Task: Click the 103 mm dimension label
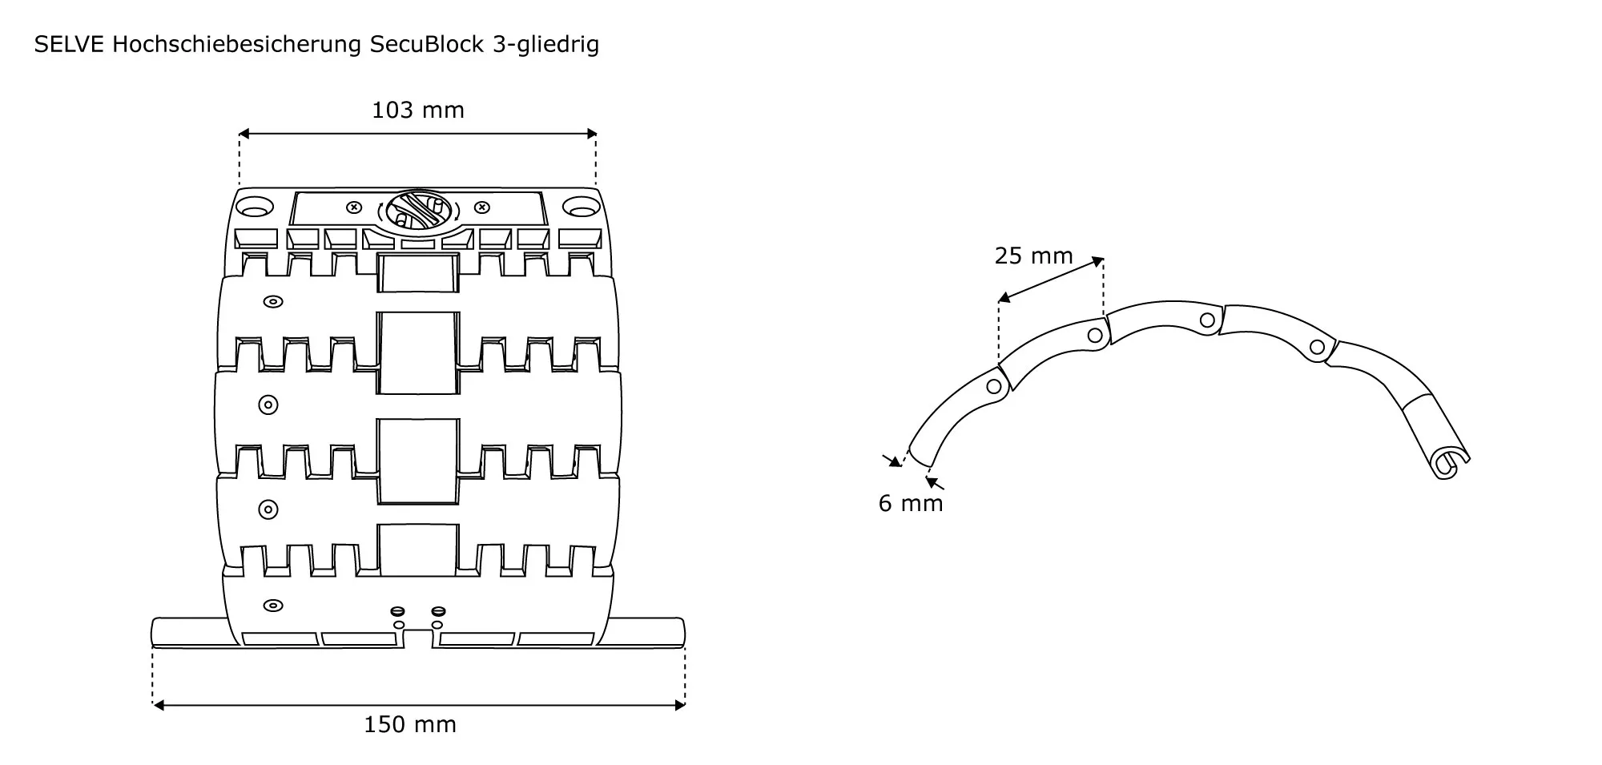click(x=417, y=110)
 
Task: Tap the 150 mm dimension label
click(x=410, y=725)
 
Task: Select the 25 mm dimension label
click(x=1033, y=256)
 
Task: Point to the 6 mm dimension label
click(x=911, y=503)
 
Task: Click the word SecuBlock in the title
click(x=427, y=45)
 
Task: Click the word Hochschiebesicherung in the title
click(x=237, y=45)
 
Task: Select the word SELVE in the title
click(x=69, y=45)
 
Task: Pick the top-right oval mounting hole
click(x=581, y=207)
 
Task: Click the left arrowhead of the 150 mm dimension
click(x=158, y=705)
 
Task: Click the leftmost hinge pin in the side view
click(x=994, y=387)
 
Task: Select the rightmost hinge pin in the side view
click(x=1317, y=348)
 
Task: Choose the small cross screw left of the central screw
click(x=353, y=207)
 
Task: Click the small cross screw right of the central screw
click(x=482, y=207)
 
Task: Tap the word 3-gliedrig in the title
click(x=544, y=45)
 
